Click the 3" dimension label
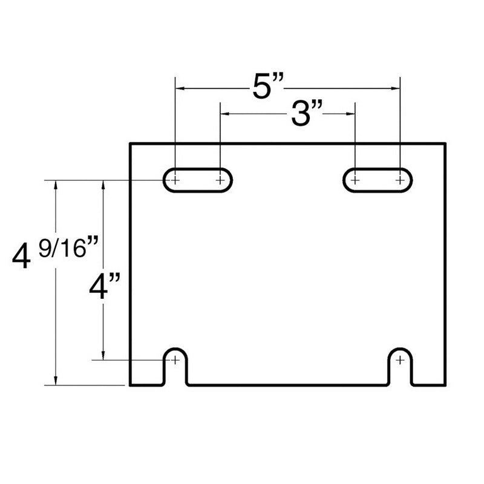tap(305, 113)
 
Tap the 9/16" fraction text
tap(68, 247)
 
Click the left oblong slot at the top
tap(197, 180)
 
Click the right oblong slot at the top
tap(378, 180)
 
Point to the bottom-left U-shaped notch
tap(175, 367)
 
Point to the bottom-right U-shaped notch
tap(401, 367)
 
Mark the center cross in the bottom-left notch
tap(175, 360)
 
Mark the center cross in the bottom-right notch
tap(401, 360)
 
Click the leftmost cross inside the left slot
tap(175, 180)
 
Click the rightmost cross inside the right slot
tap(400, 180)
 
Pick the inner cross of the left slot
tap(220, 180)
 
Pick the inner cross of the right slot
tap(355, 180)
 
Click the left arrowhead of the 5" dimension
tap(179, 90)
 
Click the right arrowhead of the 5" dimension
tap(396, 90)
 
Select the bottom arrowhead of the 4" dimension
tap(104, 356)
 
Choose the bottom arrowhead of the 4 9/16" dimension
tap(56, 381)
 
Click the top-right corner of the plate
tap(445, 143)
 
